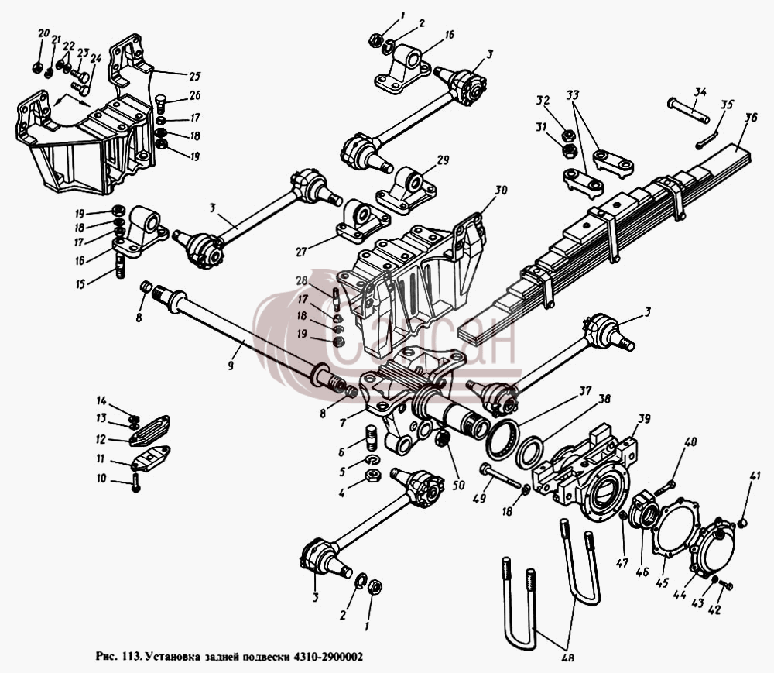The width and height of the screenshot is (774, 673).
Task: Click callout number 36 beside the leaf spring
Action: [751, 119]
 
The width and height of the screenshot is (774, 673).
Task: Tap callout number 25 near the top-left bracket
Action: [194, 76]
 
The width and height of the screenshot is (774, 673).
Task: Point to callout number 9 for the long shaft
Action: [231, 366]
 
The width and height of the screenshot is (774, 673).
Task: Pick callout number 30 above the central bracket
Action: [501, 190]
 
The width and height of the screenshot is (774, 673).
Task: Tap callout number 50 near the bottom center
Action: [458, 486]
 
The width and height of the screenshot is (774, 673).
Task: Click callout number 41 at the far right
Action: [755, 476]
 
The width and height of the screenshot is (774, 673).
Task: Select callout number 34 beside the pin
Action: [700, 91]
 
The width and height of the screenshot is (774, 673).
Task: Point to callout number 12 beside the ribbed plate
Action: [101, 438]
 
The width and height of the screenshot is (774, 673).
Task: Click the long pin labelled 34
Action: [688, 111]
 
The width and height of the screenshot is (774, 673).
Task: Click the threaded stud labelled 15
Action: [121, 265]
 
